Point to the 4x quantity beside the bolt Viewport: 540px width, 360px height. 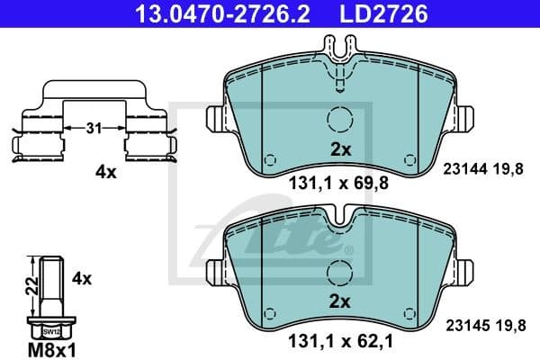[82, 279]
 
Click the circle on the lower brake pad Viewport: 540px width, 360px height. [339, 271]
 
